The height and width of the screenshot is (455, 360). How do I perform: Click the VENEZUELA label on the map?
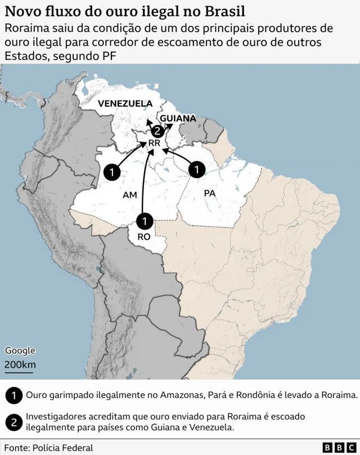coord(125,103)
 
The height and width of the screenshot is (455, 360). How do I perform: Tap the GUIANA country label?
coord(178,118)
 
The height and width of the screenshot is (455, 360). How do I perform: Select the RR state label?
coord(154,143)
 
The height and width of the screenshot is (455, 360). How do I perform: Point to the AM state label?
coord(130,195)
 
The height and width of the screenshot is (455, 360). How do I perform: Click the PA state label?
coord(210,193)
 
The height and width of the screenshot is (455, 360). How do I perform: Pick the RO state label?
coord(145,237)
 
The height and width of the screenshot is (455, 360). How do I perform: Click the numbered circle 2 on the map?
coord(158,131)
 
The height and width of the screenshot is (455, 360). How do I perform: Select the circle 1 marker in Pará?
coord(197,169)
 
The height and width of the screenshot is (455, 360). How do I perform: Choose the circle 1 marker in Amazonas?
coord(112,172)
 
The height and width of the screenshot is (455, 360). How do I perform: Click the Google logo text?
coord(20,350)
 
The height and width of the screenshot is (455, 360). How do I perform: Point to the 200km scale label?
coord(20,364)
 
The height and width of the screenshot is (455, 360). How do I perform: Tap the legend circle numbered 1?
coord(13,395)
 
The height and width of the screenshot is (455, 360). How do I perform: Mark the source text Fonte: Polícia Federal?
coord(48,448)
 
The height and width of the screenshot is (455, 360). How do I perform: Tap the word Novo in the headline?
coord(22,11)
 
